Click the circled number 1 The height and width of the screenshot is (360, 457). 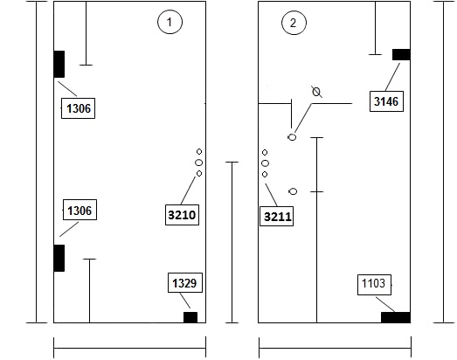click(170, 22)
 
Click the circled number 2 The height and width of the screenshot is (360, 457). click(294, 23)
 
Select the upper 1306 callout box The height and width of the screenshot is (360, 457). click(78, 108)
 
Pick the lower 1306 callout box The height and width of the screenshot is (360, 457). click(80, 210)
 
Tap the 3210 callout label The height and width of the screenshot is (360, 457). click(182, 215)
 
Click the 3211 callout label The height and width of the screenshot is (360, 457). click(277, 217)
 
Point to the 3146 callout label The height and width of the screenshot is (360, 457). click(386, 101)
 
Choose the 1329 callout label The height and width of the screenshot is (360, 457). click(185, 282)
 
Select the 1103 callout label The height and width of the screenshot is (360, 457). click(374, 285)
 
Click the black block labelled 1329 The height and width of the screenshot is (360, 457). click(190, 317)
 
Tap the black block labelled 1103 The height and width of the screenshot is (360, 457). click(396, 317)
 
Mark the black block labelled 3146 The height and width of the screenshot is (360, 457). click(401, 54)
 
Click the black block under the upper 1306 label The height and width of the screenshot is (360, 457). click(59, 64)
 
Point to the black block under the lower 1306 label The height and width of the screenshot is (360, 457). click(59, 258)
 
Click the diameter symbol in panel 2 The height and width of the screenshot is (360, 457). click(316, 92)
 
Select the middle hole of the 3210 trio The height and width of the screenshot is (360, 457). click(198, 163)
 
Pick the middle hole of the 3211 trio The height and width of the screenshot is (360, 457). click(265, 163)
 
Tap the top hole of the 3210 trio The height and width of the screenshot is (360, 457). click(199, 151)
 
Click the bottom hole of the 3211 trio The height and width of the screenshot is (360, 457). click(265, 174)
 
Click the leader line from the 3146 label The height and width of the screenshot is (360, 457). click(392, 77)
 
